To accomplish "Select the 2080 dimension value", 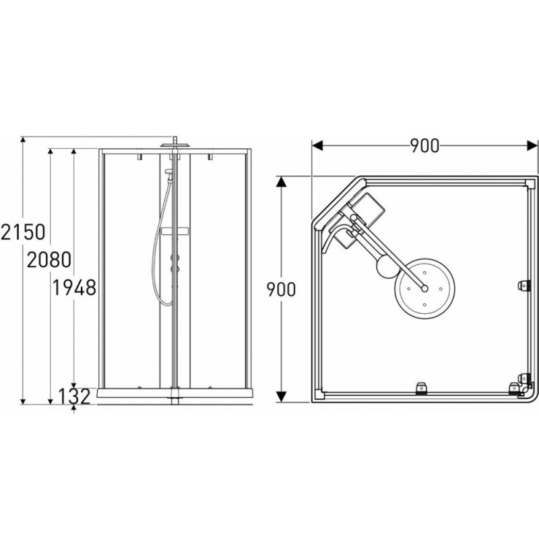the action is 49,259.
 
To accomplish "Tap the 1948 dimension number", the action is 74,288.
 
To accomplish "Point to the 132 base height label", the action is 74,396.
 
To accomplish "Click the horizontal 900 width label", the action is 424,146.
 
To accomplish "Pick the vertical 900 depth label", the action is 281,290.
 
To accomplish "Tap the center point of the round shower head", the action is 424,288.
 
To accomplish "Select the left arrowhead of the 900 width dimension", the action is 317,145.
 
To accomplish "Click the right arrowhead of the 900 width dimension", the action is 532,145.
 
